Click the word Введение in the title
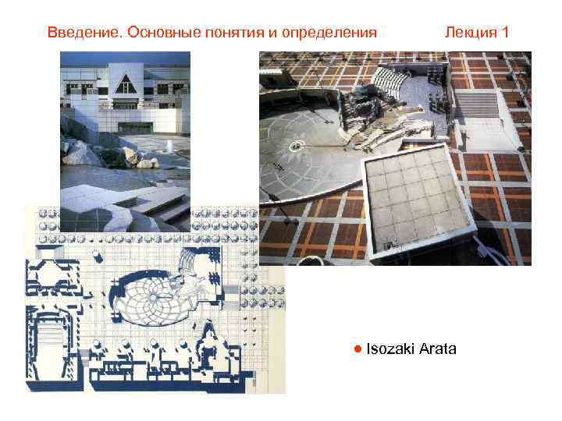[x=84, y=33]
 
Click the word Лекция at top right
[x=471, y=33]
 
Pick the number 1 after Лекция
[x=506, y=33]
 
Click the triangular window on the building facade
[x=125, y=82]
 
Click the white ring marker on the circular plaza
[x=297, y=145]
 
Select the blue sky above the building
[x=125, y=58]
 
